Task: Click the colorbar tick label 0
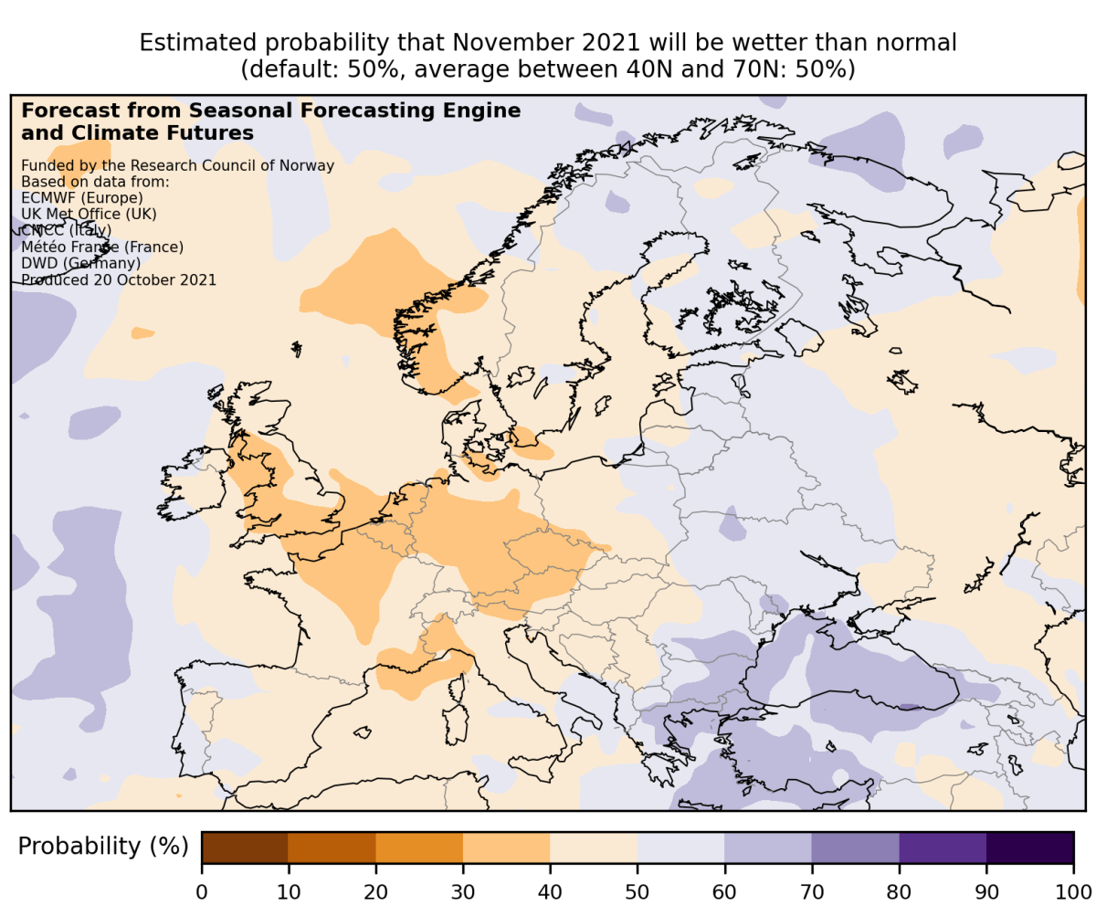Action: (x=202, y=890)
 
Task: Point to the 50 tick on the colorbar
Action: (x=638, y=890)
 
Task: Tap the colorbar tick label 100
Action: (x=1073, y=890)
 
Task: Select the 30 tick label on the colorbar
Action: (x=463, y=890)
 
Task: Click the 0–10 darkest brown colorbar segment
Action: (x=245, y=848)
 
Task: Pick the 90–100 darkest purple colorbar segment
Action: (x=1029, y=848)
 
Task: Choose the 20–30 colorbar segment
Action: (x=419, y=848)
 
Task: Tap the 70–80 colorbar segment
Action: (x=855, y=848)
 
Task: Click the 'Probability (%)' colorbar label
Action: (x=102, y=848)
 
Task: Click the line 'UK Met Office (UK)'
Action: (x=89, y=214)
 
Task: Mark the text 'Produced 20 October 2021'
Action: (x=119, y=279)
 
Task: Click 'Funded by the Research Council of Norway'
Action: (x=177, y=165)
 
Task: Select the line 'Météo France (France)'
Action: (x=102, y=247)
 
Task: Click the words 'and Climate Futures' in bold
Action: (x=137, y=133)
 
